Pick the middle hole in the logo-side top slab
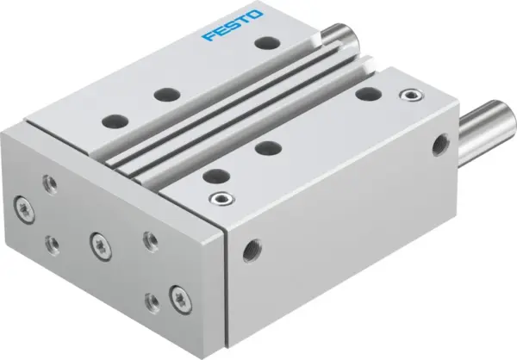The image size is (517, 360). [x=161, y=93]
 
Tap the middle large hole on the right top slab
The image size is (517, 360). [x=267, y=147]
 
